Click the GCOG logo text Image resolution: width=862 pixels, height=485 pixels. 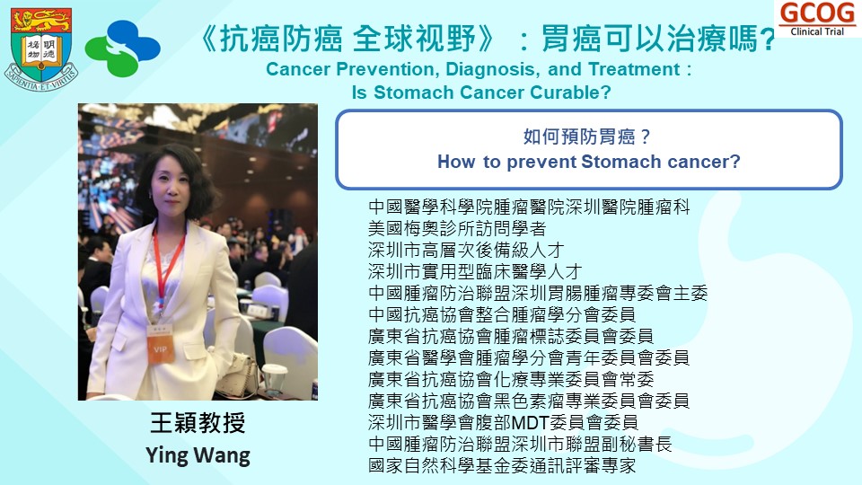[817, 13]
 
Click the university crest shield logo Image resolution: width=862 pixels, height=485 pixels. [41, 48]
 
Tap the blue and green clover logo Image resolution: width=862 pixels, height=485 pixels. [123, 48]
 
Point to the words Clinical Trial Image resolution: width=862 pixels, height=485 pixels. [817, 32]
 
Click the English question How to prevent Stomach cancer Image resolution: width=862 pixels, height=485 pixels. [589, 162]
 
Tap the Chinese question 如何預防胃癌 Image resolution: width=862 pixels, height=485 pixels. [586, 137]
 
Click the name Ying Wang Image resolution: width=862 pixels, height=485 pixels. [198, 455]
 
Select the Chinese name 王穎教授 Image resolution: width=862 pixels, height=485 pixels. [198, 422]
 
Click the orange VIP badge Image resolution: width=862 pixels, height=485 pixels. [161, 348]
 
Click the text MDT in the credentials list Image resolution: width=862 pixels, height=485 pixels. [531, 422]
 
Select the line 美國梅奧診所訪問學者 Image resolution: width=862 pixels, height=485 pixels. [457, 229]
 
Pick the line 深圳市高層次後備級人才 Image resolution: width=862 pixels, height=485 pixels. [466, 251]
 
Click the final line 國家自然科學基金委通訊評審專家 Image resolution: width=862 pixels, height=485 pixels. [502, 466]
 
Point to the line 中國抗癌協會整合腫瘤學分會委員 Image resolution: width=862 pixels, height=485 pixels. [502, 314]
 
